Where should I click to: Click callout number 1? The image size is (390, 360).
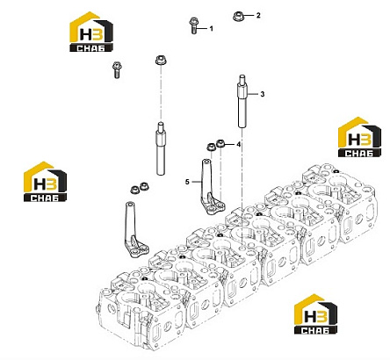[x=211, y=29]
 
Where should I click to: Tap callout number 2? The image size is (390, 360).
[x=258, y=16]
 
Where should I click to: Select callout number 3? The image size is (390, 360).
[x=263, y=94]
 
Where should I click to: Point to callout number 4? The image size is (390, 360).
[x=239, y=144]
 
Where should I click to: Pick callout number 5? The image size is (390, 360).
[x=187, y=182]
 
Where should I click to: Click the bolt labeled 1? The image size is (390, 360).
[x=193, y=25]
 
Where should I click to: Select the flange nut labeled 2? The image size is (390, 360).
[x=239, y=17]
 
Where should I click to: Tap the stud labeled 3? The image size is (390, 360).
[x=242, y=101]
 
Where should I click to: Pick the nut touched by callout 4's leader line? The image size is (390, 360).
[x=220, y=144]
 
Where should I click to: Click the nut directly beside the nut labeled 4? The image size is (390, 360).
[x=211, y=147]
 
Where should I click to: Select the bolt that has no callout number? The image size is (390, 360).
[x=117, y=70]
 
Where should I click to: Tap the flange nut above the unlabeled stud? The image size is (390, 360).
[x=161, y=61]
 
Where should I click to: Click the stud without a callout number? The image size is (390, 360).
[x=161, y=148]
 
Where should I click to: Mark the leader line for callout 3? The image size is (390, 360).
[x=253, y=94]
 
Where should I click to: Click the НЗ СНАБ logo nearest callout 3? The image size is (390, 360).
[x=359, y=137]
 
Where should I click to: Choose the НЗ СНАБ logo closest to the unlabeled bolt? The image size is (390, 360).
[x=91, y=32]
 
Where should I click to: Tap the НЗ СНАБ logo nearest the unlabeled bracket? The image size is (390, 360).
[x=45, y=182]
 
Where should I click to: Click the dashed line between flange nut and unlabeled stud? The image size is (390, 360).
[x=161, y=94]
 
